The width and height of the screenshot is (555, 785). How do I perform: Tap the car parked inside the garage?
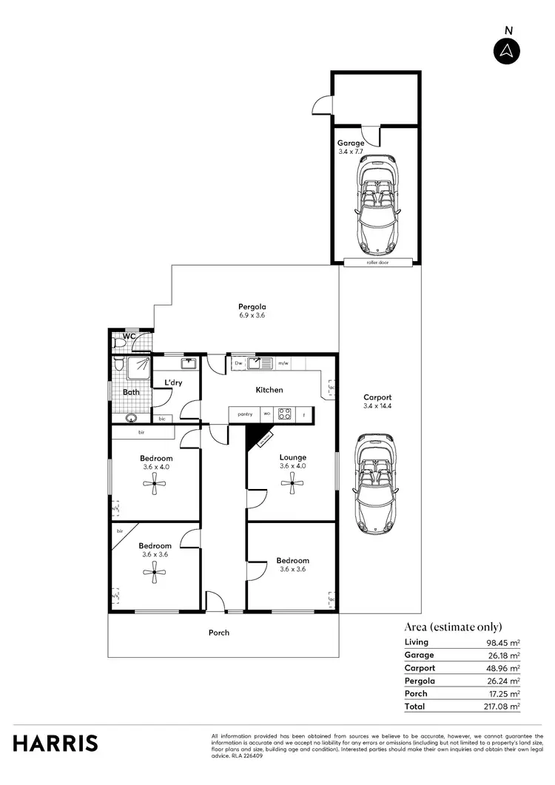(377, 205)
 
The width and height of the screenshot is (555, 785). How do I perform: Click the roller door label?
(377, 263)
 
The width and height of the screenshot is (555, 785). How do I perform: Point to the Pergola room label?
(252, 307)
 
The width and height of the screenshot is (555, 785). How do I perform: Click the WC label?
(129, 337)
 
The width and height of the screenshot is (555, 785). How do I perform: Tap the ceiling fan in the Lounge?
(292, 485)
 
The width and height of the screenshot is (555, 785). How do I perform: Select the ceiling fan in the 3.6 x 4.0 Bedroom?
(155, 485)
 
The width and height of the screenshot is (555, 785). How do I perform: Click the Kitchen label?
(269, 390)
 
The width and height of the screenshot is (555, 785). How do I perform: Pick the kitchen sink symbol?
(260, 363)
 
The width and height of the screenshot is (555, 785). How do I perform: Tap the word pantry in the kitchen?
(245, 414)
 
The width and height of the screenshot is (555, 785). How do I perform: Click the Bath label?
(131, 392)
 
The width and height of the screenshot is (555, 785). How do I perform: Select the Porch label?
(219, 633)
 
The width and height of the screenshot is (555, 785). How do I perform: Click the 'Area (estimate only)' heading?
(453, 625)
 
